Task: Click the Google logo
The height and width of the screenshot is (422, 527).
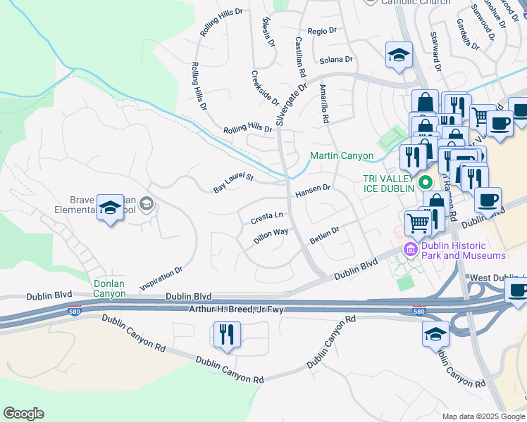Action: (23, 414)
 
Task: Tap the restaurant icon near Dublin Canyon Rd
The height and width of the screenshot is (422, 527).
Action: (227, 334)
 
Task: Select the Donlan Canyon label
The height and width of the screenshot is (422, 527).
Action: (109, 288)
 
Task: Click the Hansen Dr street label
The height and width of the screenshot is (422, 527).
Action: (313, 189)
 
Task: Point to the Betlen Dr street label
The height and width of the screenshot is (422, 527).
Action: (324, 234)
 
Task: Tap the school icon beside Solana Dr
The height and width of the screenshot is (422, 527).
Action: (399, 55)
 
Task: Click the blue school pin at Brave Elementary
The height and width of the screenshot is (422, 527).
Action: (110, 208)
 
